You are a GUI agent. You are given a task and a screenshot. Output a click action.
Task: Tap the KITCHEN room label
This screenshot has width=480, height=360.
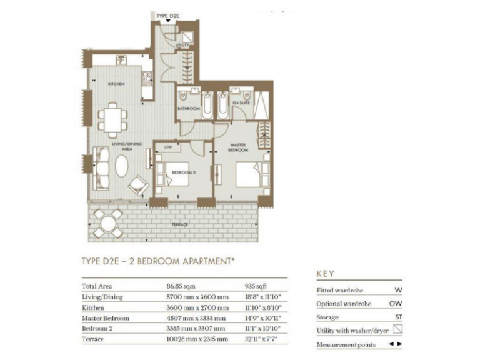pyautogui.click(x=116, y=84)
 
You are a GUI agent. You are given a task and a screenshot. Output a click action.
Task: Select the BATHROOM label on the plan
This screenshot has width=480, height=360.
pyautogui.click(x=187, y=108)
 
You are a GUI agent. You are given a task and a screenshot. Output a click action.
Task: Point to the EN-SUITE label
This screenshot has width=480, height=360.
pyautogui.click(x=241, y=102)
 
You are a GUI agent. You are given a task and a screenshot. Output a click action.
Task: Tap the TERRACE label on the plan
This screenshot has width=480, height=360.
pyautogui.click(x=181, y=224)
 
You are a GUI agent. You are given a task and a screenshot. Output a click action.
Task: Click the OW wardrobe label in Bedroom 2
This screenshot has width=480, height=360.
pyautogui.click(x=167, y=147)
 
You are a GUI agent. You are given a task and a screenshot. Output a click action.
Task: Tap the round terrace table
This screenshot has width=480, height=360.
pyautogui.click(x=107, y=222)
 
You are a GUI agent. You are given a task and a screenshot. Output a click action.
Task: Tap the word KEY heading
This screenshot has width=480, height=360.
pyautogui.click(x=326, y=274)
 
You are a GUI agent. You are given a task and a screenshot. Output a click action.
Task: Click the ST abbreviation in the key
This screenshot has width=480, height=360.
pyautogui.click(x=398, y=317)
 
